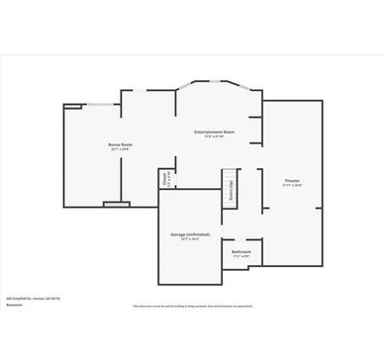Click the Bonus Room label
[121, 144]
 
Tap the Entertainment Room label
[214, 132]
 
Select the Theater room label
[292, 181]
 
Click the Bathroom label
[241, 252]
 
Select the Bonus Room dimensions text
[121, 149]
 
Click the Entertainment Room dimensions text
[214, 136]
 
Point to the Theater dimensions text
[292, 186]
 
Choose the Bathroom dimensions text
[241, 257]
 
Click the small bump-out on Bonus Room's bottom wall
[116, 205]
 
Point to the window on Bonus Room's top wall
[99, 104]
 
